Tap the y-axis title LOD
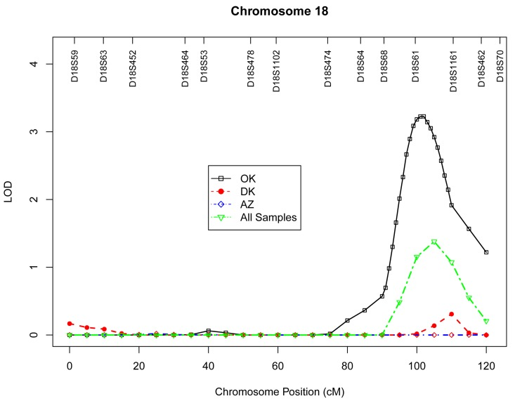(x=9, y=190)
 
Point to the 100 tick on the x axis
(x=417, y=366)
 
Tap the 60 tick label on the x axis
(x=278, y=366)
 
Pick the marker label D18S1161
(x=453, y=64)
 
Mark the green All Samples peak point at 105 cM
(x=434, y=242)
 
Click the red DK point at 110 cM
(x=451, y=314)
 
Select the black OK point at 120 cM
(x=486, y=252)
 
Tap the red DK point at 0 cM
(x=70, y=324)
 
